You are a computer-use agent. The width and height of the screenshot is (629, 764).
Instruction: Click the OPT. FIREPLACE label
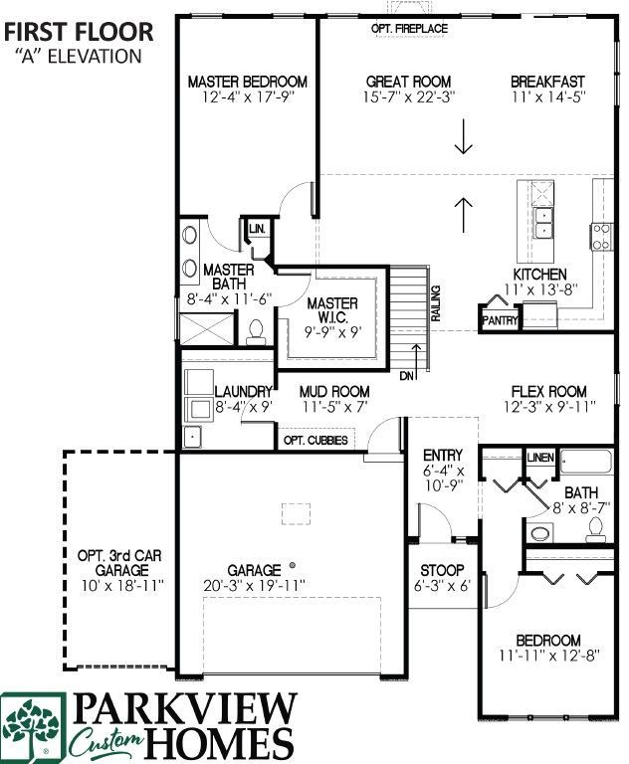point(409,29)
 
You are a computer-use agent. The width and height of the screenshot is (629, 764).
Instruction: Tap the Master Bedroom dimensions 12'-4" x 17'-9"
point(248,96)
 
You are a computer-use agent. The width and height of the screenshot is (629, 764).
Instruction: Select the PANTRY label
point(500,320)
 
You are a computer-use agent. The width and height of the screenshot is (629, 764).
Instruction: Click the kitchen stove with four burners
point(601,237)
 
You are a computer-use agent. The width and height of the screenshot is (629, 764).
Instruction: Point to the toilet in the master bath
point(256,332)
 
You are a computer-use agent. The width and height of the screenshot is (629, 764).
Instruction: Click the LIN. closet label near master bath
point(257,229)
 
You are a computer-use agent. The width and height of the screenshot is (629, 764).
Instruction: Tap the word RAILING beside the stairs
point(436,303)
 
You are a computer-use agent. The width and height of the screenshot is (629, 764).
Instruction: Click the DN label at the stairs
point(406,376)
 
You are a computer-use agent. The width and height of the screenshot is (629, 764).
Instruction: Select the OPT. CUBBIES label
point(315,440)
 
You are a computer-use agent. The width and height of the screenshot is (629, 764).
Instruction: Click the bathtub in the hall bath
point(585,462)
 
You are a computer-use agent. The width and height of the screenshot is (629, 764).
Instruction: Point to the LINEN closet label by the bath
point(540,458)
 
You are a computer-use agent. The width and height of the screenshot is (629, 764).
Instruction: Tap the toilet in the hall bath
point(595,529)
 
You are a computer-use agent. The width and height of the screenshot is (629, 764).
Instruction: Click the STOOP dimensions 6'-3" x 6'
point(442,585)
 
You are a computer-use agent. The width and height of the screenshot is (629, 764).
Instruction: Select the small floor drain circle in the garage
point(293,565)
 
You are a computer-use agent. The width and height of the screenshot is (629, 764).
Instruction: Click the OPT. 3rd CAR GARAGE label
point(121,563)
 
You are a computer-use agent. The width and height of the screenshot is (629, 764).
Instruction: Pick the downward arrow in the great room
point(463,136)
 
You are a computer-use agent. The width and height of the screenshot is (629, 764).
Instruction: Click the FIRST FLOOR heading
point(79,32)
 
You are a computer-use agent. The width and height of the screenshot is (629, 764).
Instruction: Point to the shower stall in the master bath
point(207,329)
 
